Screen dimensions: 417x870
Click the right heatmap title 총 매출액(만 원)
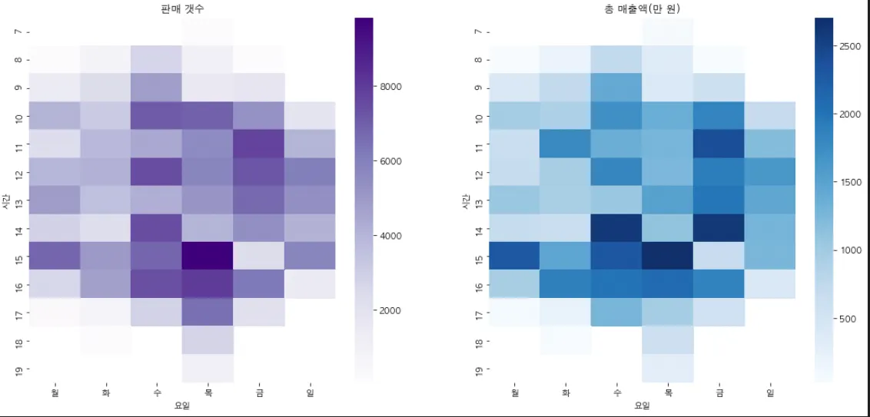coord(643,8)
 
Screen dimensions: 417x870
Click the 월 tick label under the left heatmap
coord(55,392)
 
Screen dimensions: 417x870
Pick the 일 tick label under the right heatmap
coord(770,392)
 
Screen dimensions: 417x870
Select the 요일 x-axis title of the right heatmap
coord(643,405)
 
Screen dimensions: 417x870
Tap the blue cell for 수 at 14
coord(616,227)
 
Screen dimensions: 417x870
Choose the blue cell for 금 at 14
coord(719,227)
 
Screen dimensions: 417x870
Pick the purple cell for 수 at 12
coord(157,170)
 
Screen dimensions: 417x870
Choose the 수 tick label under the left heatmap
coord(157,392)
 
